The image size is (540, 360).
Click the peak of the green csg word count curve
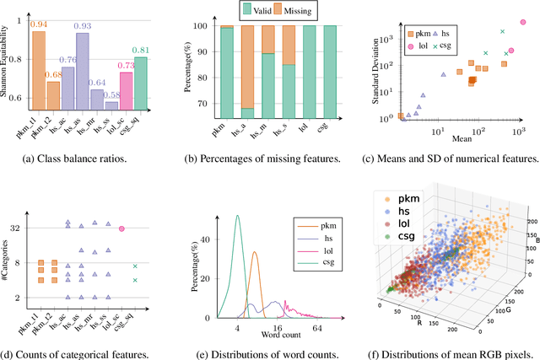238,192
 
